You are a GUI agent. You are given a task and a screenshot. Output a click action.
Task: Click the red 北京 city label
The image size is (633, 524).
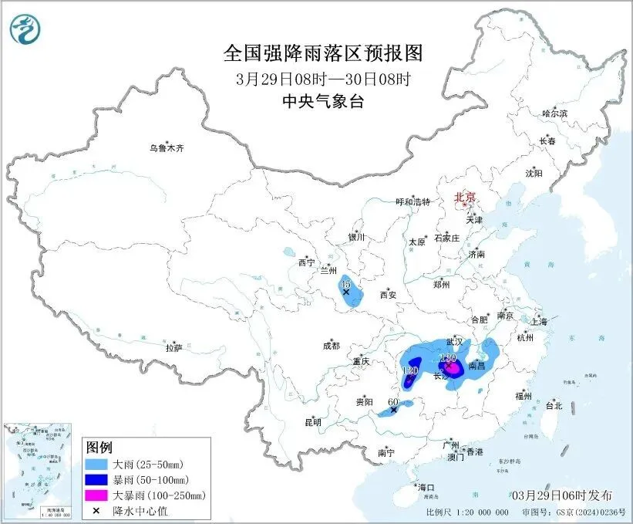click(x=466, y=197)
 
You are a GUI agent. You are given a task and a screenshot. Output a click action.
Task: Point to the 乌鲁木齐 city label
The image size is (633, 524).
click(x=167, y=147)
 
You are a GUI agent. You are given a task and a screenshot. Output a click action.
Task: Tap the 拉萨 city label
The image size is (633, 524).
click(x=173, y=348)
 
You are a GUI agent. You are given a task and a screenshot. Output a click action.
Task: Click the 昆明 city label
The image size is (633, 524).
click(x=312, y=421)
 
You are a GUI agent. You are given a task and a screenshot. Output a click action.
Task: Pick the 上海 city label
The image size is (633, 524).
click(x=539, y=321)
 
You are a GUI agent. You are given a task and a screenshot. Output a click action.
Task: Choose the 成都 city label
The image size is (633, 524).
click(x=332, y=347)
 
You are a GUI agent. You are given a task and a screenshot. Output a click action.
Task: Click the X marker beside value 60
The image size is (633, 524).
click(x=394, y=411)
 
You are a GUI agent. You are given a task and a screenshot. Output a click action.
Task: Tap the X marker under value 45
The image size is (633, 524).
click(x=346, y=293)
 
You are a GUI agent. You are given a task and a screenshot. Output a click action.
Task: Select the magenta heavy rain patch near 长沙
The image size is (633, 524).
click(x=453, y=370)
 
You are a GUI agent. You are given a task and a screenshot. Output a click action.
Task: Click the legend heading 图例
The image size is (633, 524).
click(x=99, y=448)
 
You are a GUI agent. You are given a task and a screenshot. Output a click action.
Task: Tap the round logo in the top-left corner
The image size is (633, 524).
click(x=25, y=29)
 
